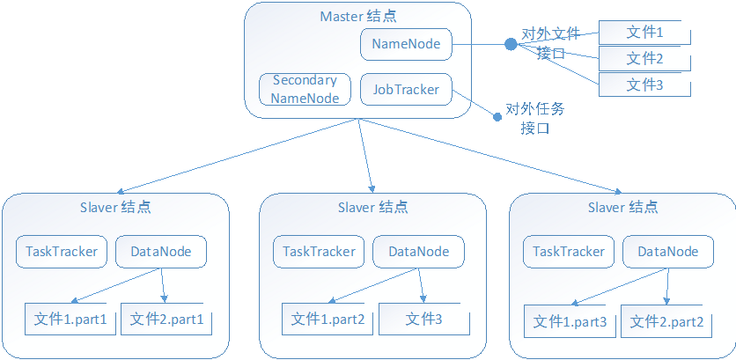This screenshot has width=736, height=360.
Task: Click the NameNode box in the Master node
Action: [406, 44]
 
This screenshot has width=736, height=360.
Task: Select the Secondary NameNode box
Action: [305, 89]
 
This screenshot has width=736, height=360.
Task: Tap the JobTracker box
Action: [406, 89]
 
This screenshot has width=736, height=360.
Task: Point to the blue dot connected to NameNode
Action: [510, 44]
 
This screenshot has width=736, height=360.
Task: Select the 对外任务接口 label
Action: [535, 119]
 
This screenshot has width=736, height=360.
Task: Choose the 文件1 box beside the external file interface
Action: [644, 33]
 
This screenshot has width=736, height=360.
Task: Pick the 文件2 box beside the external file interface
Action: [644, 59]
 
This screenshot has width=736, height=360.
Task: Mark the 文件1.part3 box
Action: [570, 321]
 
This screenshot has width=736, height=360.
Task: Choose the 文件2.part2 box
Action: [666, 321]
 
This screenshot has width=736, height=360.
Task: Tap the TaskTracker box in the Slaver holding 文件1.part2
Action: [319, 252]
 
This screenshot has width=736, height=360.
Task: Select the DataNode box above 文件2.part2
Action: [667, 252]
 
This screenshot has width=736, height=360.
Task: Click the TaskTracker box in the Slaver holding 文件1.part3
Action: [569, 252]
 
